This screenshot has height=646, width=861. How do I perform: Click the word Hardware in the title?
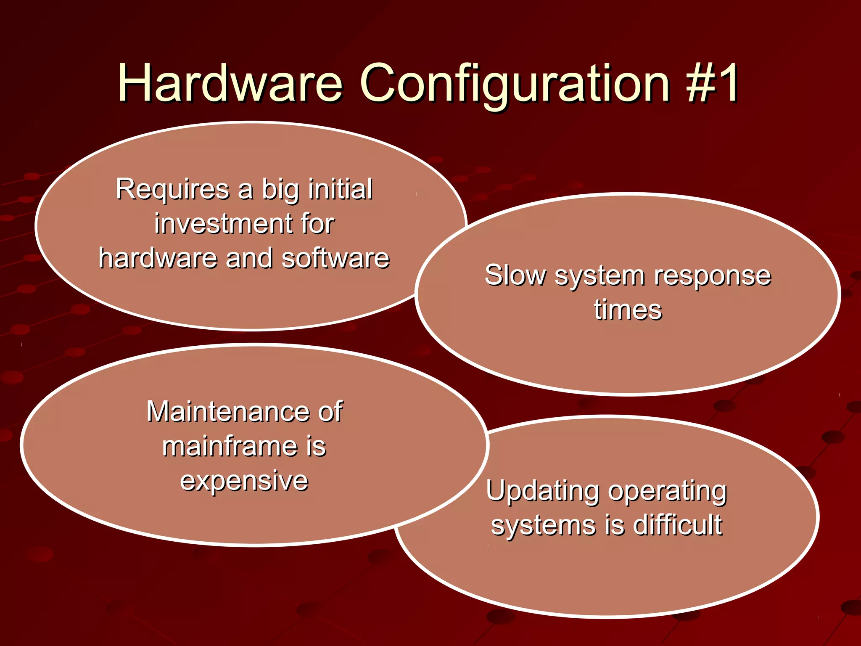click(230, 83)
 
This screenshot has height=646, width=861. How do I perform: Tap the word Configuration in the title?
click(515, 84)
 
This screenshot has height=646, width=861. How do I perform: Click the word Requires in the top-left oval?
click(172, 189)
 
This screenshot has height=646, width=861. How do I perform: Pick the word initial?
click(340, 189)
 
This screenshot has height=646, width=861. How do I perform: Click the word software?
click(335, 258)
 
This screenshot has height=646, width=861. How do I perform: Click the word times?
click(628, 310)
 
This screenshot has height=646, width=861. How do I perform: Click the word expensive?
click(244, 481)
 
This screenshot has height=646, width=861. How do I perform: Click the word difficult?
click(677, 525)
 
